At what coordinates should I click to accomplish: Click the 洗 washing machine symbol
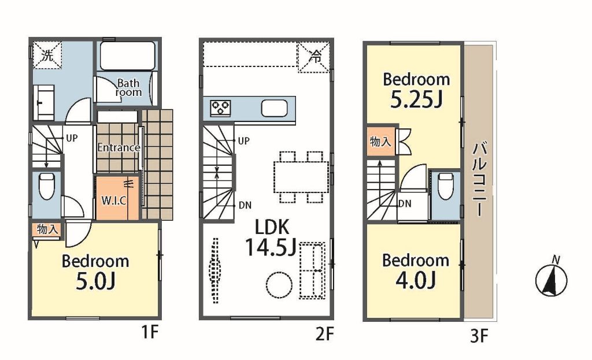point(47,55)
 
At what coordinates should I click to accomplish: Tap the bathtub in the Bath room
point(128,55)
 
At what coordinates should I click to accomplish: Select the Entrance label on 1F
point(119,147)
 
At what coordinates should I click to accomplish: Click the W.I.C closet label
point(114,200)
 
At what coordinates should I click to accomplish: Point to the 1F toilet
point(46,185)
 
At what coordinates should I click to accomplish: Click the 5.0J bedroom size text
point(95,281)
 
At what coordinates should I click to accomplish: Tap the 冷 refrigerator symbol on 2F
point(314,57)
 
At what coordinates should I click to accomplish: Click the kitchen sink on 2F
point(274,109)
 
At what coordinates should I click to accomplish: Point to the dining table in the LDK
point(301,177)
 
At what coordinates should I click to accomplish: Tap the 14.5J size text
point(271,247)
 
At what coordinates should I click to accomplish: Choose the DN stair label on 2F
point(245,205)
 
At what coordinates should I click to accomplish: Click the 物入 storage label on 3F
point(380,142)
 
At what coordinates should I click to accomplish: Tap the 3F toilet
point(446,185)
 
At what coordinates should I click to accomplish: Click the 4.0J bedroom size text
point(416,280)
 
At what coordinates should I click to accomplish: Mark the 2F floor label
point(325,334)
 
